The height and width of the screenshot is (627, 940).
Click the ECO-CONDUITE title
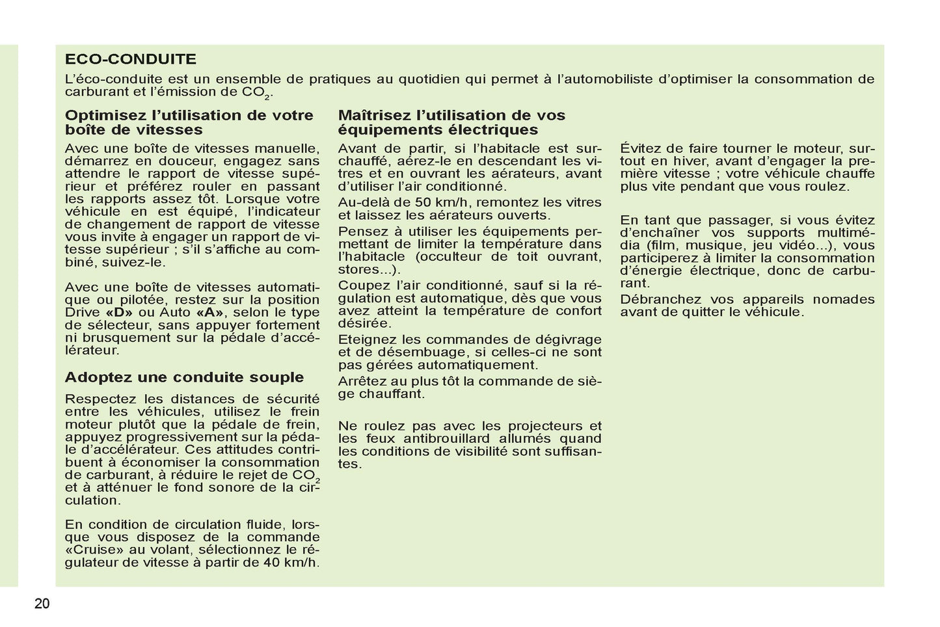point(130,59)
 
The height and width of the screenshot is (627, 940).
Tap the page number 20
point(42,604)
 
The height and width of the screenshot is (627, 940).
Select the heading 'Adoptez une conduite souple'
point(184,377)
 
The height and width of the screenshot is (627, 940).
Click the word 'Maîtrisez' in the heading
point(374,116)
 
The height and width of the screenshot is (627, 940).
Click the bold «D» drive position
point(114,313)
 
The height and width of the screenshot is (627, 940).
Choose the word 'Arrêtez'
point(361,381)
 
